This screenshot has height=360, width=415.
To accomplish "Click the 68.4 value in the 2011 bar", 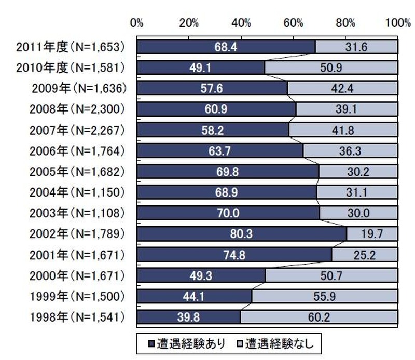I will tap(226, 47).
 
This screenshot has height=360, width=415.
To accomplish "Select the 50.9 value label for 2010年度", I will tap(331, 67).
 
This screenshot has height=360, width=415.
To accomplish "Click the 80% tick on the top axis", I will tap(345, 23).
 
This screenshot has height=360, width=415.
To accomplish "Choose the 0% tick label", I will tap(136, 23).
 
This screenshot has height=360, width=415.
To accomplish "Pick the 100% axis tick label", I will tap(397, 23).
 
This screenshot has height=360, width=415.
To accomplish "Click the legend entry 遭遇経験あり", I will tap(189, 343).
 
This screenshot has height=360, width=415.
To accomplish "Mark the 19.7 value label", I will tap(371, 234).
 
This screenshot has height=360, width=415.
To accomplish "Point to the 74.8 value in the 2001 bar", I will tap(234, 255).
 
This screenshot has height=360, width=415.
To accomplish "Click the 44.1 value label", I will tap(194, 296).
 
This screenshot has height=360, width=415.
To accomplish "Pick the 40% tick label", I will tap(241, 23).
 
